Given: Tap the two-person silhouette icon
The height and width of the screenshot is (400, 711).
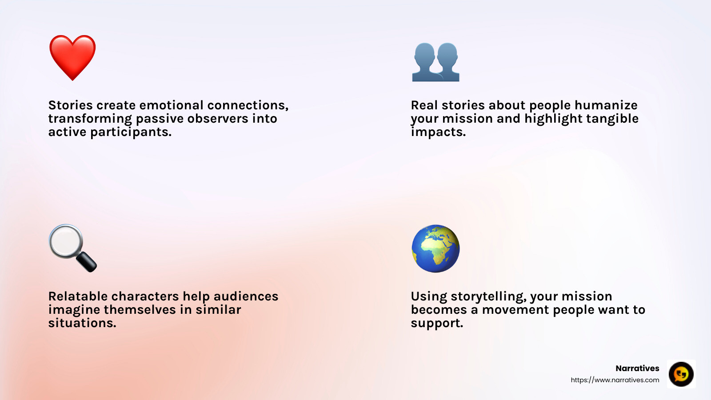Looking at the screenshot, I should coord(435,62).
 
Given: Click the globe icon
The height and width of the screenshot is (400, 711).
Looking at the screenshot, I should coord(435,248).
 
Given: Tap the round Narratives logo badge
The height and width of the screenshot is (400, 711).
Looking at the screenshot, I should coord(681,374).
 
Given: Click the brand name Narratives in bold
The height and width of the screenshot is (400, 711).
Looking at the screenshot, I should coord(637,368).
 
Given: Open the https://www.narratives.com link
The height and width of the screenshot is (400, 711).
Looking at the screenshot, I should coord(615,380).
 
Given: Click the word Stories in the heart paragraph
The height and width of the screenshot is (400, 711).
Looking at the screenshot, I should coord(71,105).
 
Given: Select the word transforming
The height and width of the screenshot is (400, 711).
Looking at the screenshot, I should coord(90,119).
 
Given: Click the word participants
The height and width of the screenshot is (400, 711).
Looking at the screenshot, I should coord(131,132).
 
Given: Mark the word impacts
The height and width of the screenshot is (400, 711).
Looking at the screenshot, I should coord(438,132).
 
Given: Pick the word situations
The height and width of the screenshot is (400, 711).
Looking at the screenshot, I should coord(82,323).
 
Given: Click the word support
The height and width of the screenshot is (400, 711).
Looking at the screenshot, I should coord(437,323).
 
